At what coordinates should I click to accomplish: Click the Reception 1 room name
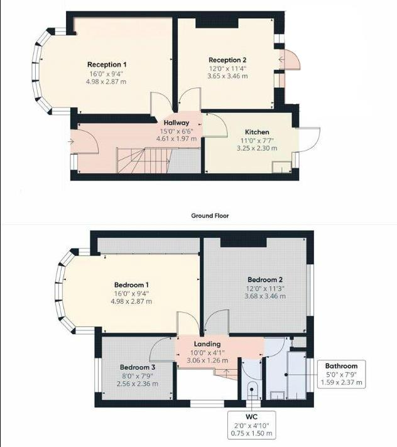pyautogui.click(x=107, y=65)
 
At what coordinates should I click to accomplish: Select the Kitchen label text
pyautogui.click(x=256, y=132)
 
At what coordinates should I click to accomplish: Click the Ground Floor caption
pyautogui.click(x=210, y=215)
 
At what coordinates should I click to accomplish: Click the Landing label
pyautogui.click(x=207, y=344)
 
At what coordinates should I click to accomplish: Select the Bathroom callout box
pyautogui.click(x=341, y=374)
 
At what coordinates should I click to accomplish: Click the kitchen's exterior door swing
pyautogui.click(x=310, y=138)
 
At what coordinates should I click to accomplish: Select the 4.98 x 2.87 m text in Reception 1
pyautogui.click(x=107, y=82)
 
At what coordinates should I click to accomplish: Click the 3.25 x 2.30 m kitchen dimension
pyautogui.click(x=256, y=148)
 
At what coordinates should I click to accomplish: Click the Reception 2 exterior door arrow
pyautogui.click(x=281, y=60)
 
